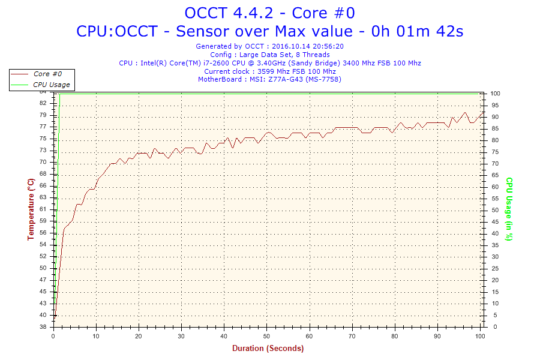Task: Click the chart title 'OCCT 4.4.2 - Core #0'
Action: point(269,13)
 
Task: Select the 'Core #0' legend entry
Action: point(47,74)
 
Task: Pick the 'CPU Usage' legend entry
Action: point(51,85)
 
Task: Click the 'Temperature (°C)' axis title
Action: point(31,209)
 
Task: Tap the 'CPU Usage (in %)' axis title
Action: point(509,209)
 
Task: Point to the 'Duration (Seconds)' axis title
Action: point(268,349)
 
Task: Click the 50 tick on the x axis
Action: point(267,335)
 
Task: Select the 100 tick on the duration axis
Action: point(479,335)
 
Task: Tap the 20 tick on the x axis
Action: point(139,335)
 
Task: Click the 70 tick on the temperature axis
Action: point(43,162)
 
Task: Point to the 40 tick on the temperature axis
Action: point(43,315)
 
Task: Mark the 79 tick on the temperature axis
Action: point(43,115)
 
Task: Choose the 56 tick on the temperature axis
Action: point(43,244)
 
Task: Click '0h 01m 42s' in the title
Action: point(418,31)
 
